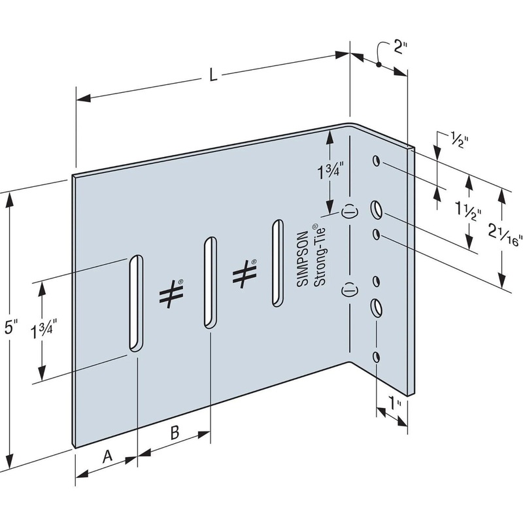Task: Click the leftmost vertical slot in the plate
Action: [x=135, y=302]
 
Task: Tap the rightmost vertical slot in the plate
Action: [x=277, y=263]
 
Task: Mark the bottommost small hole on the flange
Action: [x=376, y=356]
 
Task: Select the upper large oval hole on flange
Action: [x=377, y=209]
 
